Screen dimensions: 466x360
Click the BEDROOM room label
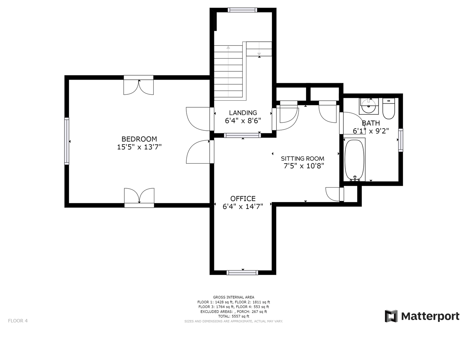click(139, 139)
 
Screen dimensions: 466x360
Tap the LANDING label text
click(243, 113)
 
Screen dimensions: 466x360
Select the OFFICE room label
click(243, 199)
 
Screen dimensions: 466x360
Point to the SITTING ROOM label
click(302, 158)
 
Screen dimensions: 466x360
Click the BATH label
click(371, 123)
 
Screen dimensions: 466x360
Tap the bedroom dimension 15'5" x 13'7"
click(139, 147)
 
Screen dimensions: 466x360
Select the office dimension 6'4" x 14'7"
click(243, 206)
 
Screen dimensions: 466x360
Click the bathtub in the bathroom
click(354, 160)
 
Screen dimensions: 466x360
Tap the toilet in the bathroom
click(389, 108)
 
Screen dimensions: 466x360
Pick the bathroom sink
click(369, 106)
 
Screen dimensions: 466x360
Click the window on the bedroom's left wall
click(67, 141)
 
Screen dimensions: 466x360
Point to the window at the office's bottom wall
click(242, 273)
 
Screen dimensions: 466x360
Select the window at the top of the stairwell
click(242, 10)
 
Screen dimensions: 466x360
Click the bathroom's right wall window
click(401, 140)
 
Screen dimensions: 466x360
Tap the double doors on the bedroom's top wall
click(139, 85)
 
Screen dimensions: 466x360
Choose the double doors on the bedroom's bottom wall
click(139, 198)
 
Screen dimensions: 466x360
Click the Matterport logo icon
click(391, 316)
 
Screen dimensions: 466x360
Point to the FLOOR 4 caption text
click(18, 321)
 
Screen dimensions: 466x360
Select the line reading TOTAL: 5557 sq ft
click(234, 316)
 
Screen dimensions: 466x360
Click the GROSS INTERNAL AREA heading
click(234, 297)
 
